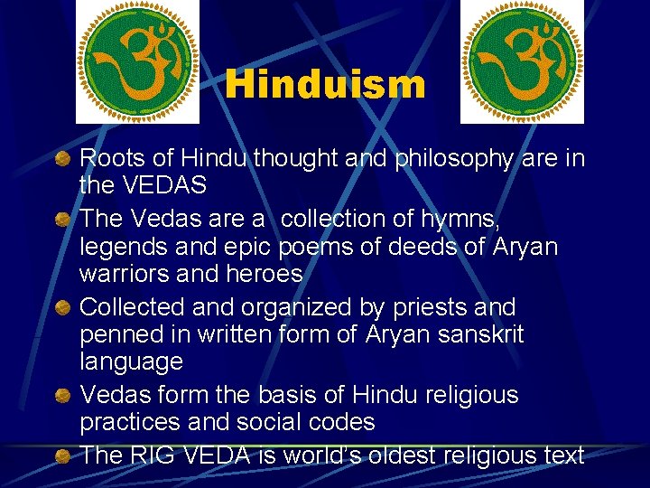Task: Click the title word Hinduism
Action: click(325, 85)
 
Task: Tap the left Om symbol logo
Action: click(137, 61)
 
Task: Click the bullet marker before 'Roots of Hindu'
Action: click(61, 161)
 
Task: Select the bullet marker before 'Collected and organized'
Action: click(61, 309)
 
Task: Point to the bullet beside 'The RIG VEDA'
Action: click(61, 457)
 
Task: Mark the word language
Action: click(131, 362)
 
